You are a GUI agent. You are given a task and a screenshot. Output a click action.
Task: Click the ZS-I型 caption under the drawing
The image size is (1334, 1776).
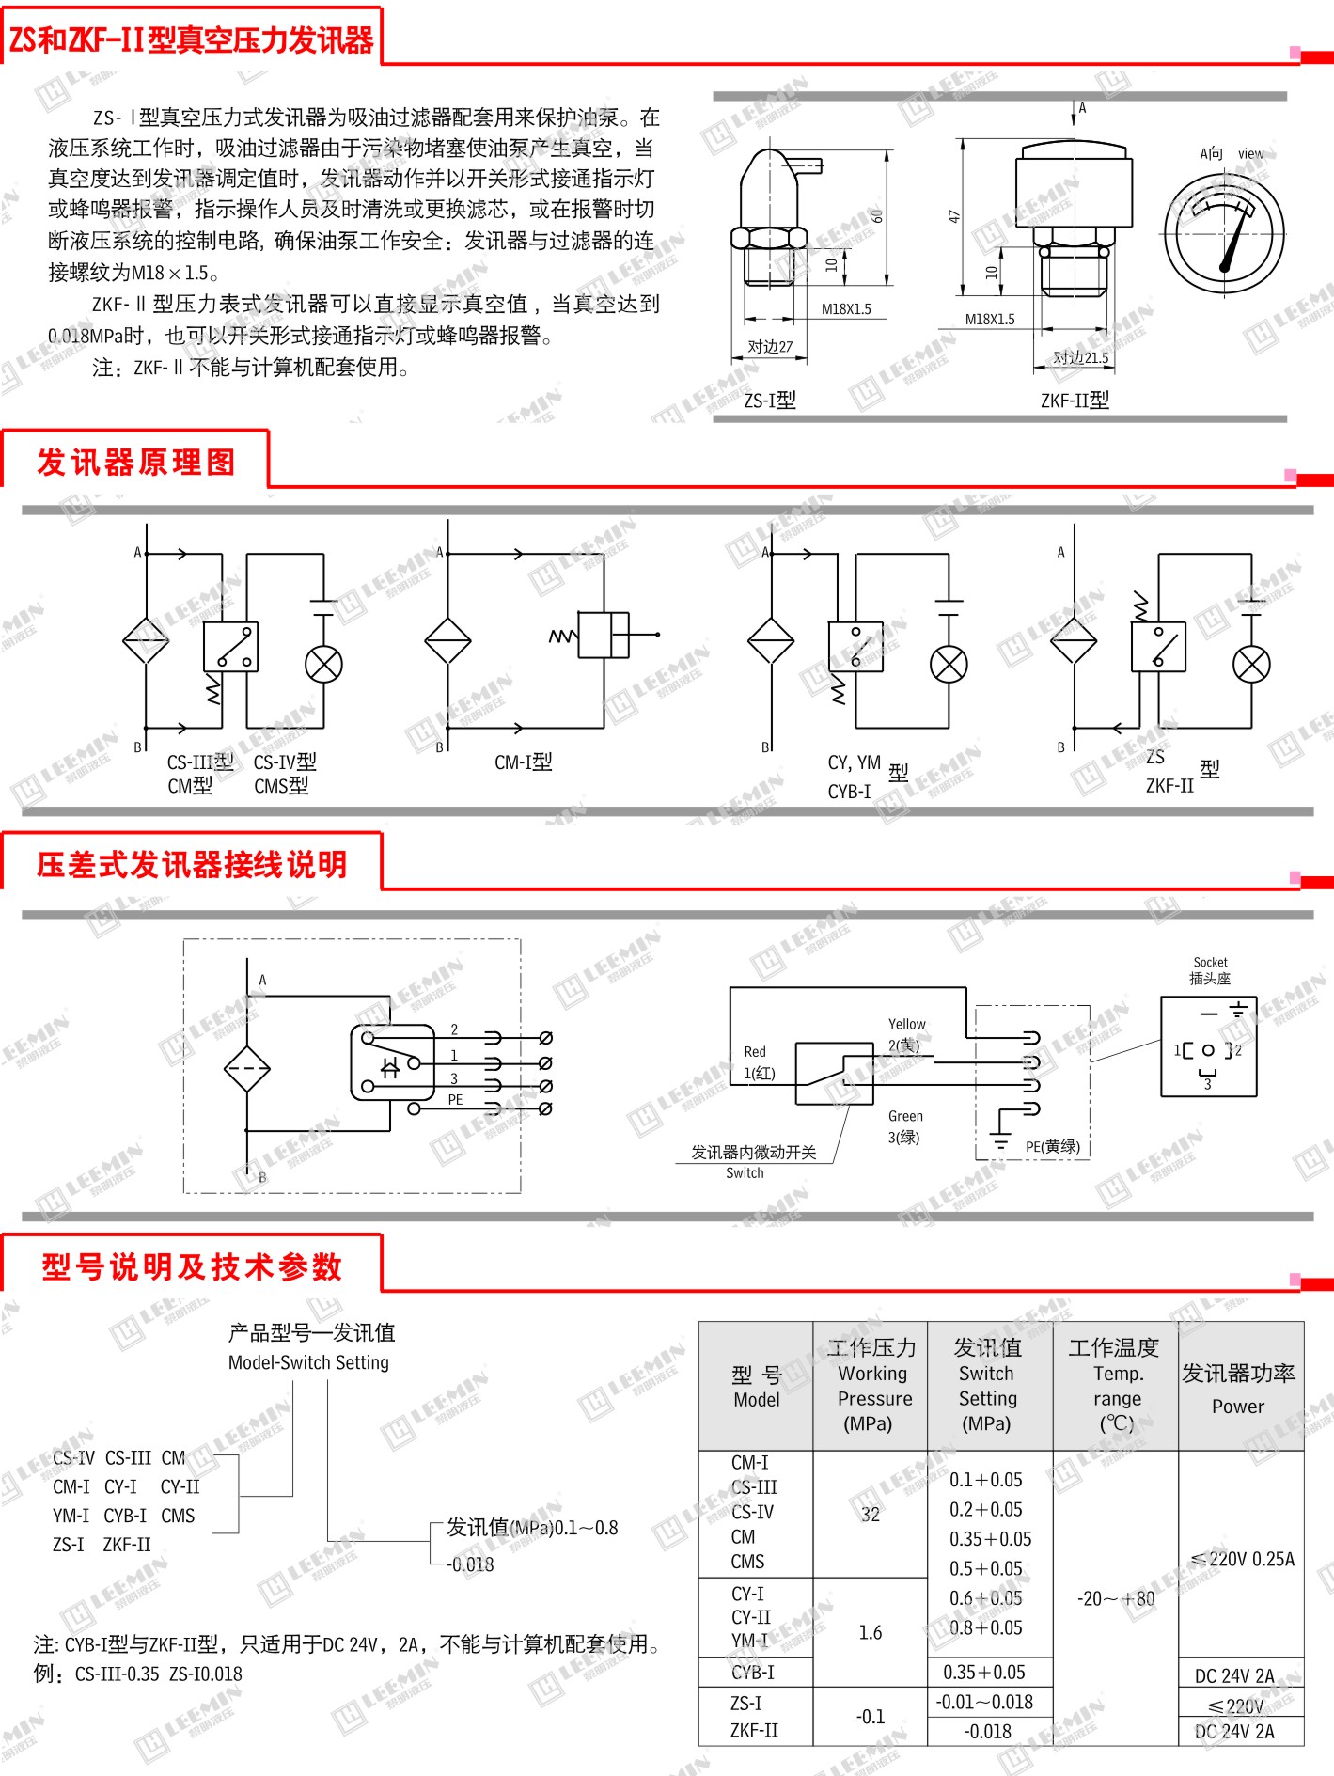pyautogui.click(x=769, y=401)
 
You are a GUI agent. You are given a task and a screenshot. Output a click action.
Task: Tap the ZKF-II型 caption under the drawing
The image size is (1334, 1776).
pyautogui.click(x=1075, y=401)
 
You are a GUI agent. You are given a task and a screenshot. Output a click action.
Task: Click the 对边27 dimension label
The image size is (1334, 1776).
pyautogui.click(x=770, y=347)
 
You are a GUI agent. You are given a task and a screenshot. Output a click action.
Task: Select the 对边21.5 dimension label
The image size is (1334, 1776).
pyautogui.click(x=1080, y=357)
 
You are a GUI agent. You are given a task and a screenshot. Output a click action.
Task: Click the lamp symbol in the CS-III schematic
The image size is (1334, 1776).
pyautogui.click(x=323, y=665)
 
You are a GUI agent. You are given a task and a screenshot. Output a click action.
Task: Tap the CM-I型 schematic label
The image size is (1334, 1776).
pyautogui.click(x=524, y=762)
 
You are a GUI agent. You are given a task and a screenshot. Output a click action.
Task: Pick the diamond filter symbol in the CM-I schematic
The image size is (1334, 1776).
pyautogui.click(x=447, y=640)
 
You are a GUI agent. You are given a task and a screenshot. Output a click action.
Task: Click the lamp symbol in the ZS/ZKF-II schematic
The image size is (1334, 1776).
pyautogui.click(x=1250, y=665)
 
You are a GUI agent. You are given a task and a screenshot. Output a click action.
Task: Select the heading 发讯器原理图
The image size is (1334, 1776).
pyautogui.click(x=136, y=462)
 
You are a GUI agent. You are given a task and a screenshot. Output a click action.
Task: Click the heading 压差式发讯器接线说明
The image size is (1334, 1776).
pyautogui.click(x=192, y=864)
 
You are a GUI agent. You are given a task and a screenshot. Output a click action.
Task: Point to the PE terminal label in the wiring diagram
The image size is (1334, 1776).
pyautogui.click(x=455, y=1099)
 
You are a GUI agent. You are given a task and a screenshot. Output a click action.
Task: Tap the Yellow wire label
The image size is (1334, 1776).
pyautogui.click(x=906, y=1024)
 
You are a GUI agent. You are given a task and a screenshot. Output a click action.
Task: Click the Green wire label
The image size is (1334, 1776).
pyautogui.click(x=905, y=1116)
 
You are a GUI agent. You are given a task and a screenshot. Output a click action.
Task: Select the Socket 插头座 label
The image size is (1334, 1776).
pyautogui.click(x=1210, y=970)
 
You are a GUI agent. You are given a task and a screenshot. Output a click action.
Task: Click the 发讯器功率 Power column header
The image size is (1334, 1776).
pyautogui.click(x=1238, y=1388)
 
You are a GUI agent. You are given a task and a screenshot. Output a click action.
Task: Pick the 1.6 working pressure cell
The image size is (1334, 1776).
pyautogui.click(x=871, y=1632)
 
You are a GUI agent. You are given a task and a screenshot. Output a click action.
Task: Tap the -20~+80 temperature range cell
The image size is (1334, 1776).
pyautogui.click(x=1116, y=1598)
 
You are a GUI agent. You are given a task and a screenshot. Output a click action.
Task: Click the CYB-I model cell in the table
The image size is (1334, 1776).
pyautogui.click(x=753, y=1673)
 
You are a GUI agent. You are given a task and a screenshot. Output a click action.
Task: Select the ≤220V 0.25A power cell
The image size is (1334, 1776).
pyautogui.click(x=1242, y=1559)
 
